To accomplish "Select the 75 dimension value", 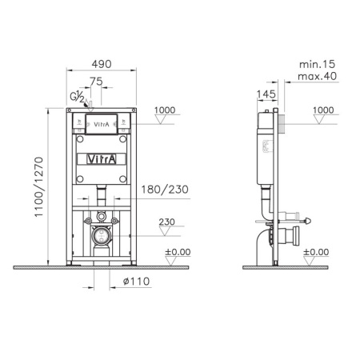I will click(x=95, y=82).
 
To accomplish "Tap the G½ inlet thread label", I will click(x=76, y=98).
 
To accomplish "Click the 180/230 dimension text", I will click(x=163, y=190).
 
